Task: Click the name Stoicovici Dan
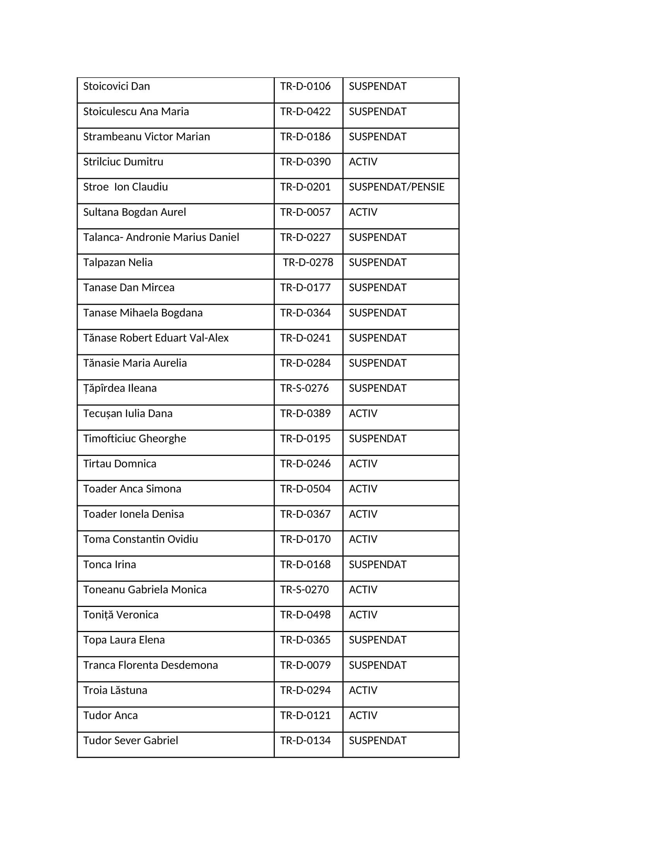point(116,86)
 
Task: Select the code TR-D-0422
point(305,111)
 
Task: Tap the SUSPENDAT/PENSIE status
point(396,187)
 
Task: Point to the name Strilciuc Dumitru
point(123,161)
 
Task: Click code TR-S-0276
point(305,388)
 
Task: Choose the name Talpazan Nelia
point(117,262)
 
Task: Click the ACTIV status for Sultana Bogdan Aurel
point(363,212)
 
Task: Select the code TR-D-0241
point(305,338)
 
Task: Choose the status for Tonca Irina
point(377,564)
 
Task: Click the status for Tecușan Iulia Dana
point(363,413)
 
